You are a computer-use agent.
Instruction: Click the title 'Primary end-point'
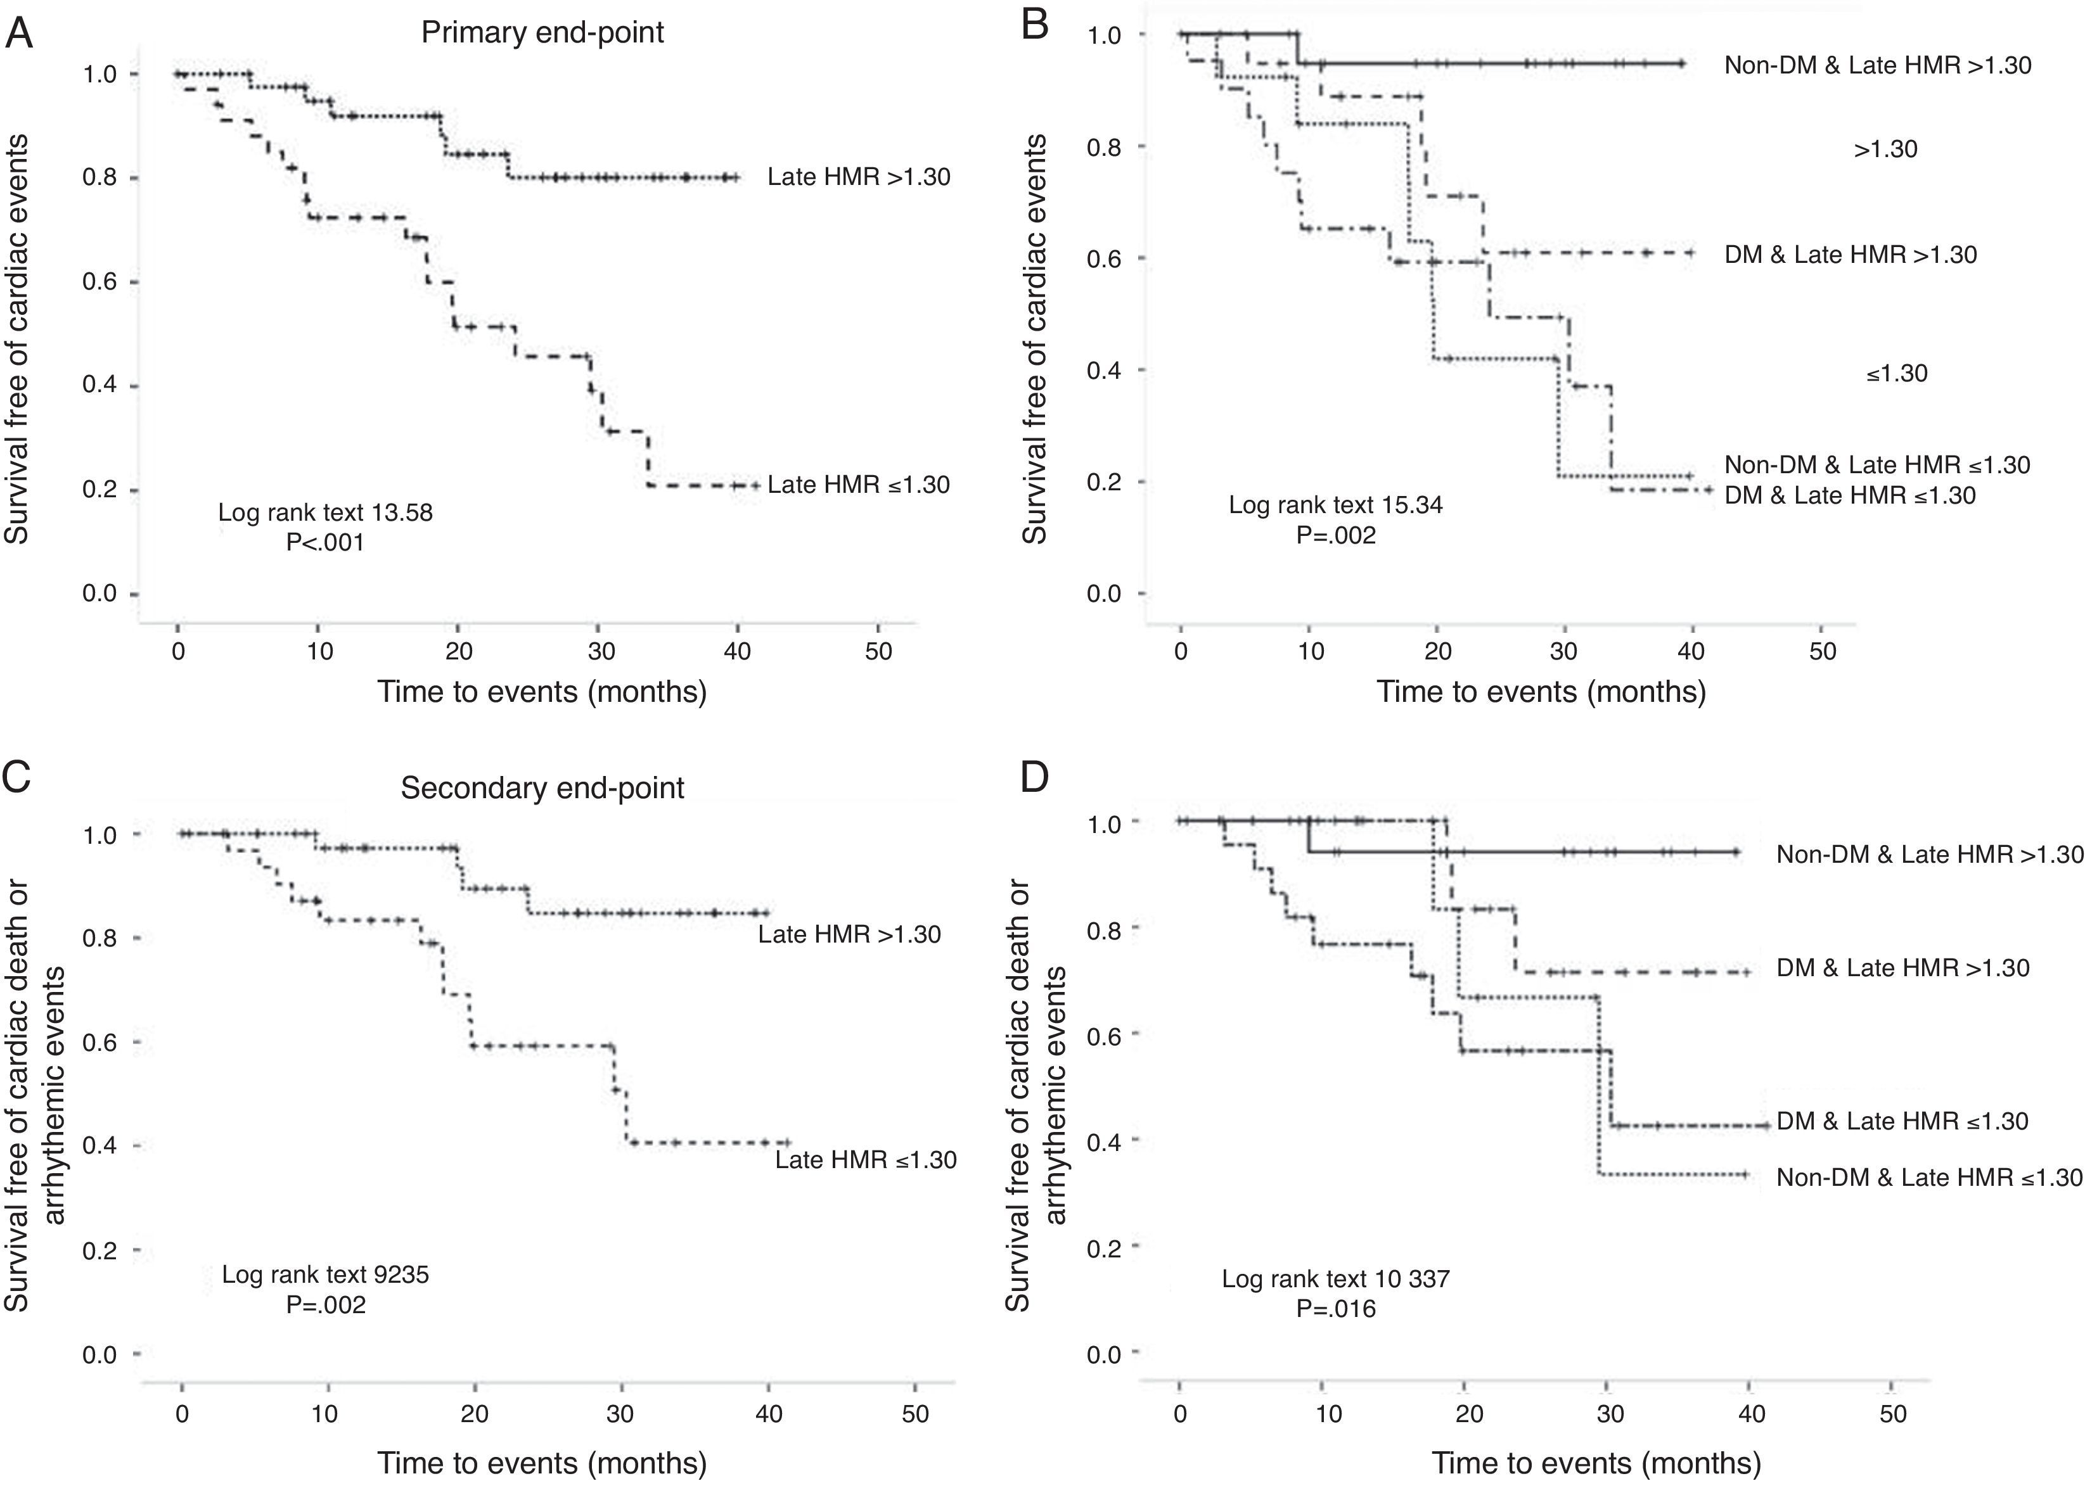(x=542, y=33)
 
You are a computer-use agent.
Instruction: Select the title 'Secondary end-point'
(x=542, y=788)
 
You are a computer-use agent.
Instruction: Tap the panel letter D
(x=1035, y=778)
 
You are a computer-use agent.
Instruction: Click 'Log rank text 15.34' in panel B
(x=1335, y=505)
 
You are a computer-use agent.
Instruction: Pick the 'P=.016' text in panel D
(x=1335, y=1309)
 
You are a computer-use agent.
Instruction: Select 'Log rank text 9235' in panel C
(x=325, y=1275)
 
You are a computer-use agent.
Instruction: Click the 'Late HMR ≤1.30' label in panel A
(x=859, y=485)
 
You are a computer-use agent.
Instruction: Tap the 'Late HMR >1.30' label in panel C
(x=850, y=934)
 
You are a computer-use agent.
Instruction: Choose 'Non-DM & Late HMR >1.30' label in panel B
(x=1878, y=66)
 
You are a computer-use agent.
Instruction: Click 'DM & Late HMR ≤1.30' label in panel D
(x=1902, y=1121)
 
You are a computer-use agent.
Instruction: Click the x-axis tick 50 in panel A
(x=878, y=651)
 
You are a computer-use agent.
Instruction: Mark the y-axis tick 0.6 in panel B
(x=1105, y=258)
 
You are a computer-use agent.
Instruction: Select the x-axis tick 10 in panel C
(x=324, y=1414)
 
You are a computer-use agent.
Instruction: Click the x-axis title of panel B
(x=1541, y=692)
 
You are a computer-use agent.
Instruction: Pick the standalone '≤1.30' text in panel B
(x=1896, y=374)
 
